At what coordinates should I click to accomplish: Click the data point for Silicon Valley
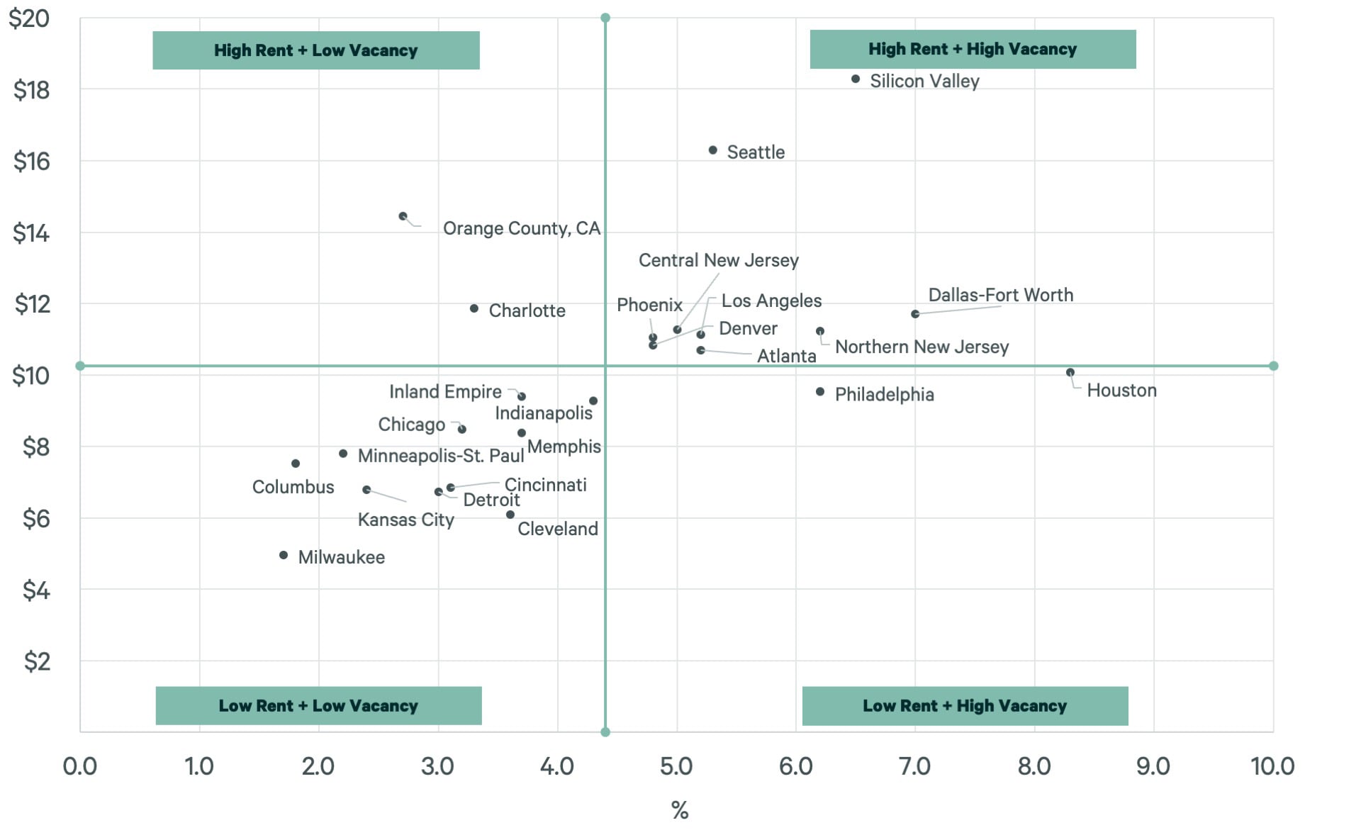click(x=856, y=79)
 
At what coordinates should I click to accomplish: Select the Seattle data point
click(x=713, y=150)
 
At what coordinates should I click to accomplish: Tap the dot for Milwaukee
click(x=284, y=555)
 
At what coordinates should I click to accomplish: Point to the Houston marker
click(x=1070, y=372)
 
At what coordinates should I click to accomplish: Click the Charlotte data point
click(x=474, y=308)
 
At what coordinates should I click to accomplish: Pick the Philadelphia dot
click(x=820, y=392)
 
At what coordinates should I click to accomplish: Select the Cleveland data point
click(x=510, y=515)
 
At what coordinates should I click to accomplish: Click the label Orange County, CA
click(x=521, y=228)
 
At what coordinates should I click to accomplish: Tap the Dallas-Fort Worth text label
click(x=1000, y=295)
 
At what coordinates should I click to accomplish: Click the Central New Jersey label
click(x=718, y=260)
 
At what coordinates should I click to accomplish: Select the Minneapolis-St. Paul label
click(x=440, y=456)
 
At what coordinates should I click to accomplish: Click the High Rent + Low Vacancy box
click(x=316, y=50)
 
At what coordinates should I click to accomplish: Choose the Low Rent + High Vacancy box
click(x=965, y=706)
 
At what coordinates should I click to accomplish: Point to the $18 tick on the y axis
click(x=31, y=90)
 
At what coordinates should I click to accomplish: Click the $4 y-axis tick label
click(x=35, y=590)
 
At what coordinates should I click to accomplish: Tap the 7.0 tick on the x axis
click(x=914, y=766)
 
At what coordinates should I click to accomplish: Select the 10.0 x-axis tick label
click(x=1272, y=766)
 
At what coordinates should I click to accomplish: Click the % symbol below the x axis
click(x=679, y=810)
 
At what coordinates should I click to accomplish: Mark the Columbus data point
click(x=296, y=464)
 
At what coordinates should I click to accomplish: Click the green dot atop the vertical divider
click(x=605, y=18)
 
